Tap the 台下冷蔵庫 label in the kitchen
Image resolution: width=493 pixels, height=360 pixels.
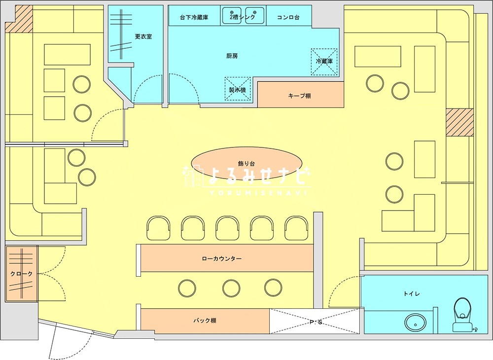(x=193, y=17)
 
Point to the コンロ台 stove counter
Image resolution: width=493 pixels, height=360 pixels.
(x=288, y=17)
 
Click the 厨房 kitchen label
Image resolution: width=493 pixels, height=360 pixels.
(x=232, y=56)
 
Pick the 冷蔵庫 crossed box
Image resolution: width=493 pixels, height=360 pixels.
(x=324, y=62)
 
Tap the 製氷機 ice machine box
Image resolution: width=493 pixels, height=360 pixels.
(x=238, y=89)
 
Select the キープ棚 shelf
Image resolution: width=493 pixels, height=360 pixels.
(x=300, y=96)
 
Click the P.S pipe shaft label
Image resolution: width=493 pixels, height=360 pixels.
(x=316, y=323)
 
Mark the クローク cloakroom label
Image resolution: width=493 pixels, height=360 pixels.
(x=21, y=274)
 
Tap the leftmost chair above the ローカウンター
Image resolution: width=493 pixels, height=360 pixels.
(x=158, y=227)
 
